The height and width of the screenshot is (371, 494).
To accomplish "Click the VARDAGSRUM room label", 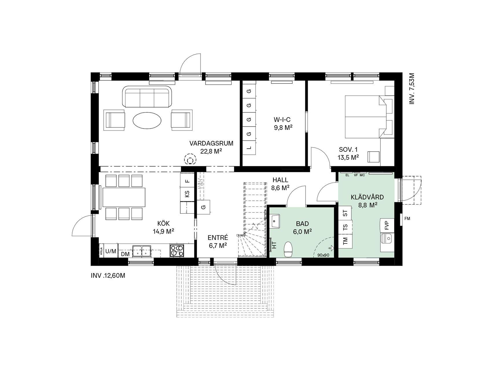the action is click(x=211, y=143).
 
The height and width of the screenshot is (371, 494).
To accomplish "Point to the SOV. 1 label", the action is click(x=348, y=150).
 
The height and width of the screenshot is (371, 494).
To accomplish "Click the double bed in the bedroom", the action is click(x=366, y=117).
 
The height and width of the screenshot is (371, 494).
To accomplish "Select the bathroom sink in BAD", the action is click(x=275, y=221).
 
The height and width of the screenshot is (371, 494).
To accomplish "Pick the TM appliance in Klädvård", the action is click(x=345, y=241).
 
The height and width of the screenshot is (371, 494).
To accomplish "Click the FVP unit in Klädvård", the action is click(x=387, y=225).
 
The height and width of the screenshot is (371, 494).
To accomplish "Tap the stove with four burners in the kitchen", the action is click(x=177, y=251).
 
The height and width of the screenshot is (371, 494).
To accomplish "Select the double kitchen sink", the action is click(x=142, y=251).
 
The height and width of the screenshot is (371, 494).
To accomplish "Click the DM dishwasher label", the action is click(x=125, y=254).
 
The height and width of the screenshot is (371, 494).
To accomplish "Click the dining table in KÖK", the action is click(x=123, y=197).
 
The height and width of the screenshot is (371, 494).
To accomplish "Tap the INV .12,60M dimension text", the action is click(x=108, y=276).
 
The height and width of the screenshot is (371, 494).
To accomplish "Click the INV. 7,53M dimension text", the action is click(x=412, y=89).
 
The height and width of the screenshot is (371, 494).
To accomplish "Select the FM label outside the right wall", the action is click(x=407, y=219).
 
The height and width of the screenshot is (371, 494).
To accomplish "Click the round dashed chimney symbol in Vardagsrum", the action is click(x=190, y=159).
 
